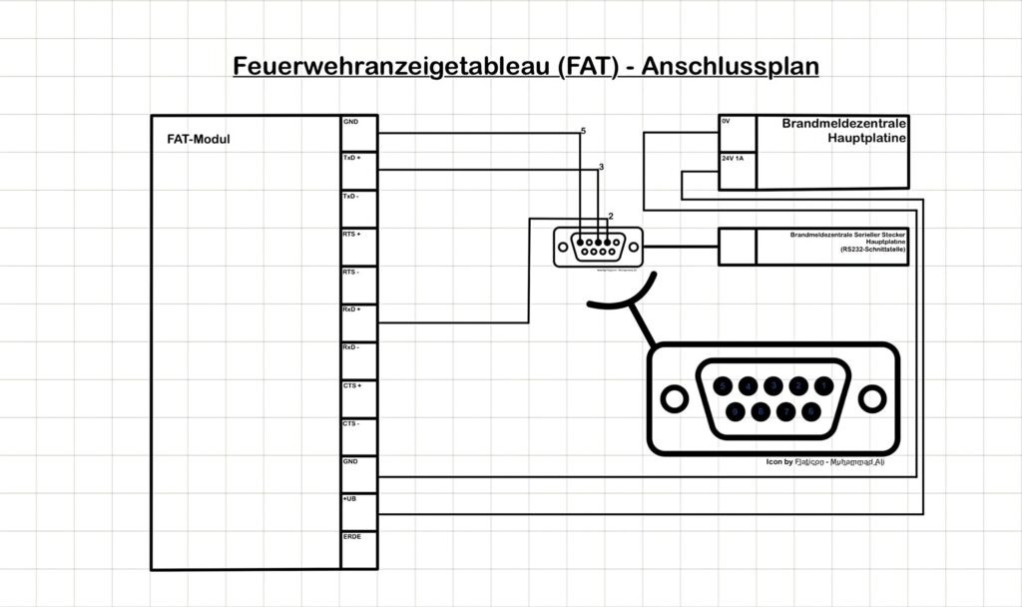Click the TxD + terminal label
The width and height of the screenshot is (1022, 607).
(x=352, y=159)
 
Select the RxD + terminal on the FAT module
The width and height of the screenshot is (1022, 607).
(x=352, y=309)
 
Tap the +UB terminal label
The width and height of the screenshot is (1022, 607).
(x=350, y=498)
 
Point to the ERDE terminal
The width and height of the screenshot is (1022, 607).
(x=352, y=536)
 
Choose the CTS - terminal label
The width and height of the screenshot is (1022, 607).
(x=352, y=423)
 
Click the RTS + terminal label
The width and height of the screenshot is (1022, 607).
(x=352, y=235)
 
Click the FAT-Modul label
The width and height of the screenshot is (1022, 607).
(x=199, y=140)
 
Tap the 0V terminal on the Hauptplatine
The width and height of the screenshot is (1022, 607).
(x=727, y=122)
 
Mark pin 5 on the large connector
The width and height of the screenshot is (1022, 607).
(x=723, y=385)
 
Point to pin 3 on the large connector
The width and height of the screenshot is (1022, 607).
(x=772, y=385)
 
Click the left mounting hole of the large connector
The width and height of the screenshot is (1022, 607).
(x=675, y=399)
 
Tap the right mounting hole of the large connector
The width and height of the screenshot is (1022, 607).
(x=871, y=399)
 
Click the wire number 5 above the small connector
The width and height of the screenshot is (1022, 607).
(x=583, y=132)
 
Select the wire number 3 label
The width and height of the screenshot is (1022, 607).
(x=601, y=167)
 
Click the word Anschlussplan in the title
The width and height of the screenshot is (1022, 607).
(x=730, y=67)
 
